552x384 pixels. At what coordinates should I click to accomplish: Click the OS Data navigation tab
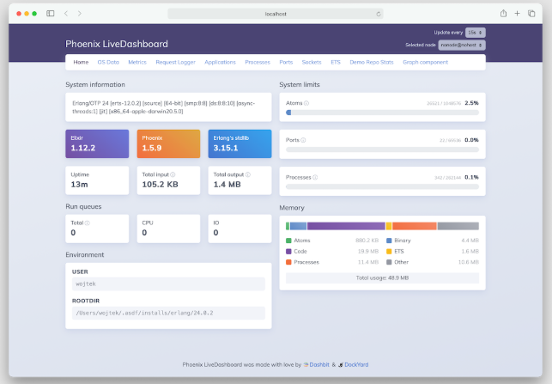[x=107, y=62]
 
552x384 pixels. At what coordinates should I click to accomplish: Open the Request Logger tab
[x=174, y=62]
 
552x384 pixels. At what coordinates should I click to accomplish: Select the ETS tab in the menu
[x=335, y=62]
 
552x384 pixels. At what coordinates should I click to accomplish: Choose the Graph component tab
[x=425, y=62]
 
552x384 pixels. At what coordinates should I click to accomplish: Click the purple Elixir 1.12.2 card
[x=97, y=143]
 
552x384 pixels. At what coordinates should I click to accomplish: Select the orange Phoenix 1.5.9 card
[x=168, y=143]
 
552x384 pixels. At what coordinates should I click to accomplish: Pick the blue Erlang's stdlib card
[x=240, y=143]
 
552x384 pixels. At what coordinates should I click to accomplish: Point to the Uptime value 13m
[x=79, y=184]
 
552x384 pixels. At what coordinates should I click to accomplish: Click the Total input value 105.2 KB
[x=160, y=184]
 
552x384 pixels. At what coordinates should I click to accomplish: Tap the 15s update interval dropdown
[x=476, y=32]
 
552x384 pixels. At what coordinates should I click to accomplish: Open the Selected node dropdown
[x=462, y=45]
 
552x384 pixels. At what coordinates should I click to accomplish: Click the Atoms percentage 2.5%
[x=471, y=102]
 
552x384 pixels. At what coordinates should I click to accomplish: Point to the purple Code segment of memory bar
[x=345, y=226]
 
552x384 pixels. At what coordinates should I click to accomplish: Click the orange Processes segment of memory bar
[x=414, y=226]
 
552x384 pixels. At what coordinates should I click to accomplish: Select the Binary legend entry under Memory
[x=402, y=241]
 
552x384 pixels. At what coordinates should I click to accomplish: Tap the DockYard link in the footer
[x=355, y=364]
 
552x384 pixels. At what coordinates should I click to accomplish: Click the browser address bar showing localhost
[x=275, y=14]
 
